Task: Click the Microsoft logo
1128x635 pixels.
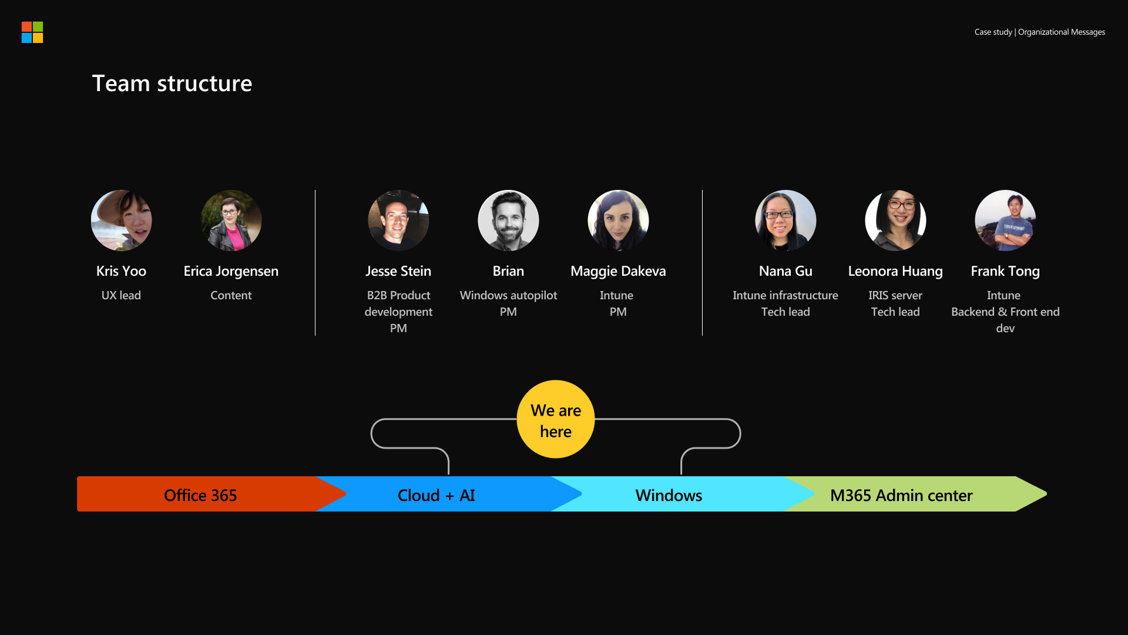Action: [x=32, y=32]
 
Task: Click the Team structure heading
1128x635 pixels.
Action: [x=172, y=83]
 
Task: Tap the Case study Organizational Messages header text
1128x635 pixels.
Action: [x=1039, y=32]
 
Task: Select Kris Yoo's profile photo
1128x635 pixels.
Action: [x=122, y=220]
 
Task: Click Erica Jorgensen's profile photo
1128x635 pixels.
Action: [x=231, y=220]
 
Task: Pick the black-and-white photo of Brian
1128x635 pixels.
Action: [x=508, y=220]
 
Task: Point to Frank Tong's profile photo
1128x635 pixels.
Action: [x=1005, y=220]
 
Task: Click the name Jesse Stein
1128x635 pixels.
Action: [x=398, y=271]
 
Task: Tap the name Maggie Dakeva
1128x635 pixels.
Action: [x=618, y=271]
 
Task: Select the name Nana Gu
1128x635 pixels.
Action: [x=785, y=271]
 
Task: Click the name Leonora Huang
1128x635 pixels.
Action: [x=895, y=271]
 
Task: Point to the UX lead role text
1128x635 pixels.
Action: [x=121, y=295]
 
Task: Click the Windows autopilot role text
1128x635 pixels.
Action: [x=508, y=295]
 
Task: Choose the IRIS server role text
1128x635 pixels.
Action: [x=895, y=295]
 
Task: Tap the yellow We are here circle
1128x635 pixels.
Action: [x=556, y=419]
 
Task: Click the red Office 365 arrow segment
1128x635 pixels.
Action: [x=200, y=494]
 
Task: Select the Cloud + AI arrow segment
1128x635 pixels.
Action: [x=436, y=494]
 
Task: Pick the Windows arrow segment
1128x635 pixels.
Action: [x=669, y=494]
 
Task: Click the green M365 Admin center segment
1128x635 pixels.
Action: [x=901, y=494]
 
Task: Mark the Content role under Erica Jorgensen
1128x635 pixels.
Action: [x=231, y=295]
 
